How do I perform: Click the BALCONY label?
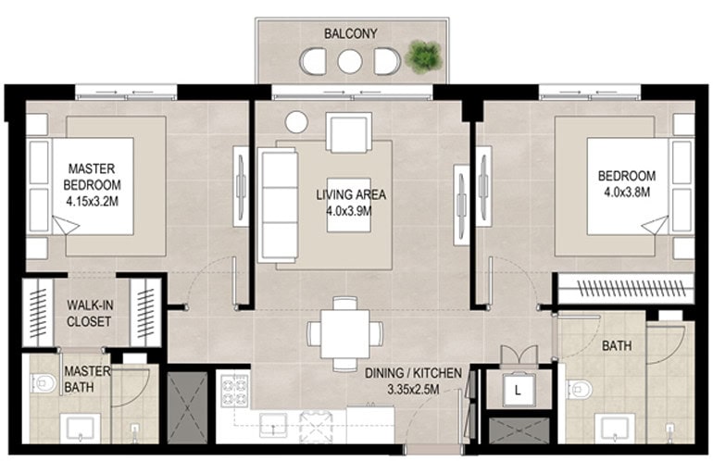(x=350, y=33)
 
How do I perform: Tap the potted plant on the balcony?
(x=423, y=56)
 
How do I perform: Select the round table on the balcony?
(x=350, y=61)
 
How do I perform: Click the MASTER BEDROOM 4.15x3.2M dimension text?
(x=93, y=202)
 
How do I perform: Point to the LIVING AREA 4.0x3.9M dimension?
(x=350, y=211)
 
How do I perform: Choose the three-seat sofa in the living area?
(x=279, y=205)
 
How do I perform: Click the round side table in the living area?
(x=296, y=122)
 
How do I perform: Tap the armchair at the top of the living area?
(x=349, y=131)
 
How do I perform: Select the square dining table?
(x=344, y=334)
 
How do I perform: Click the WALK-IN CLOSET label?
(x=89, y=313)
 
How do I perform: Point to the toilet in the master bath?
(x=43, y=383)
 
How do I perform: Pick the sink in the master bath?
(x=81, y=429)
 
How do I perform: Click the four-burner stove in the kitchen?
(x=234, y=390)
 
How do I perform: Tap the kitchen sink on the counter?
(x=273, y=426)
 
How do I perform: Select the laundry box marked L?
(x=518, y=390)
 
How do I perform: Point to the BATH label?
(x=617, y=346)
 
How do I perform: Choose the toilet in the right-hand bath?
(x=580, y=390)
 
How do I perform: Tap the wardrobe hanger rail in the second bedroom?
(x=631, y=289)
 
